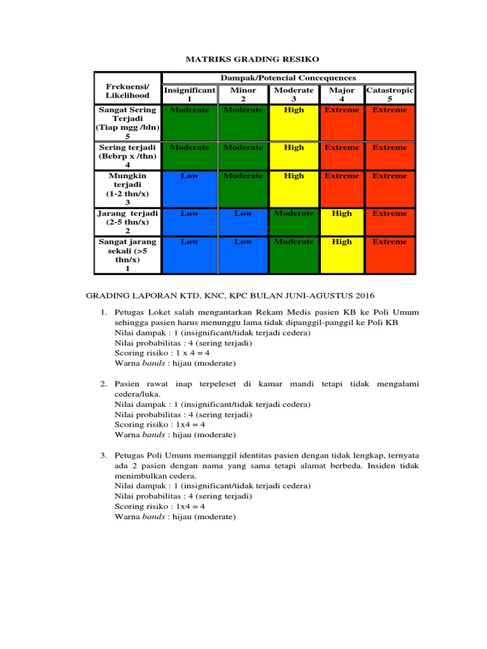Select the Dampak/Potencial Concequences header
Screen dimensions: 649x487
click(x=288, y=78)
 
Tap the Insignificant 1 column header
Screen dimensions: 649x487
click(x=190, y=94)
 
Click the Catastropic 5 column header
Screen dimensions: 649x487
click(x=390, y=94)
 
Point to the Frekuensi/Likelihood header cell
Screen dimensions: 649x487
click(x=128, y=91)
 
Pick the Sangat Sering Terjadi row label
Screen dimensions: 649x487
click(x=128, y=123)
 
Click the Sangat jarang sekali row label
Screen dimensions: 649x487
click(x=128, y=255)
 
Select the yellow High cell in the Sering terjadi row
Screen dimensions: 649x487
click(x=294, y=156)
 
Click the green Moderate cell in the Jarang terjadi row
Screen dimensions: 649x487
click(x=294, y=222)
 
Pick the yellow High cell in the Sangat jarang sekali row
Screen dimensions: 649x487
click(x=342, y=255)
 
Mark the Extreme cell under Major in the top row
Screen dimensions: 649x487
click(x=342, y=123)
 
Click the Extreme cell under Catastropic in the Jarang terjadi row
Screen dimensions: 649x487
click(x=390, y=222)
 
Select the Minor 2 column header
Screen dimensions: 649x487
click(x=243, y=94)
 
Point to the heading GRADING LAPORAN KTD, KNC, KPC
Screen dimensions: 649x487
click(x=230, y=295)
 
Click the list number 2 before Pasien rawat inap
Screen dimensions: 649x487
click(x=103, y=385)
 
